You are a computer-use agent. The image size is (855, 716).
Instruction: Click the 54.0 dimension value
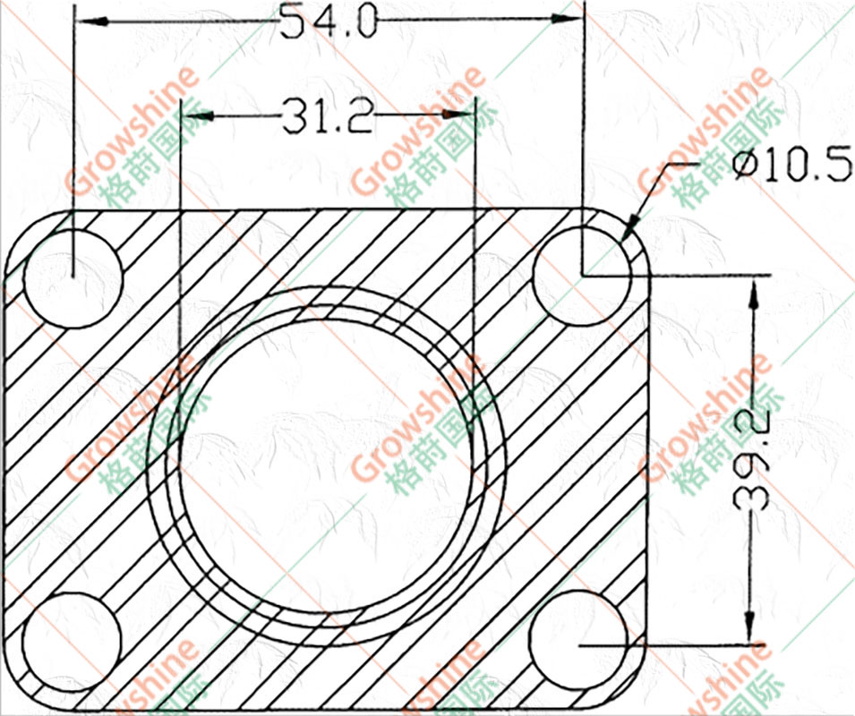329,21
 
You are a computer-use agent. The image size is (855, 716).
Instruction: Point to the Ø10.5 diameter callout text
791,163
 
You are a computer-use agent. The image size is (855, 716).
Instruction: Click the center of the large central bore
327,466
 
